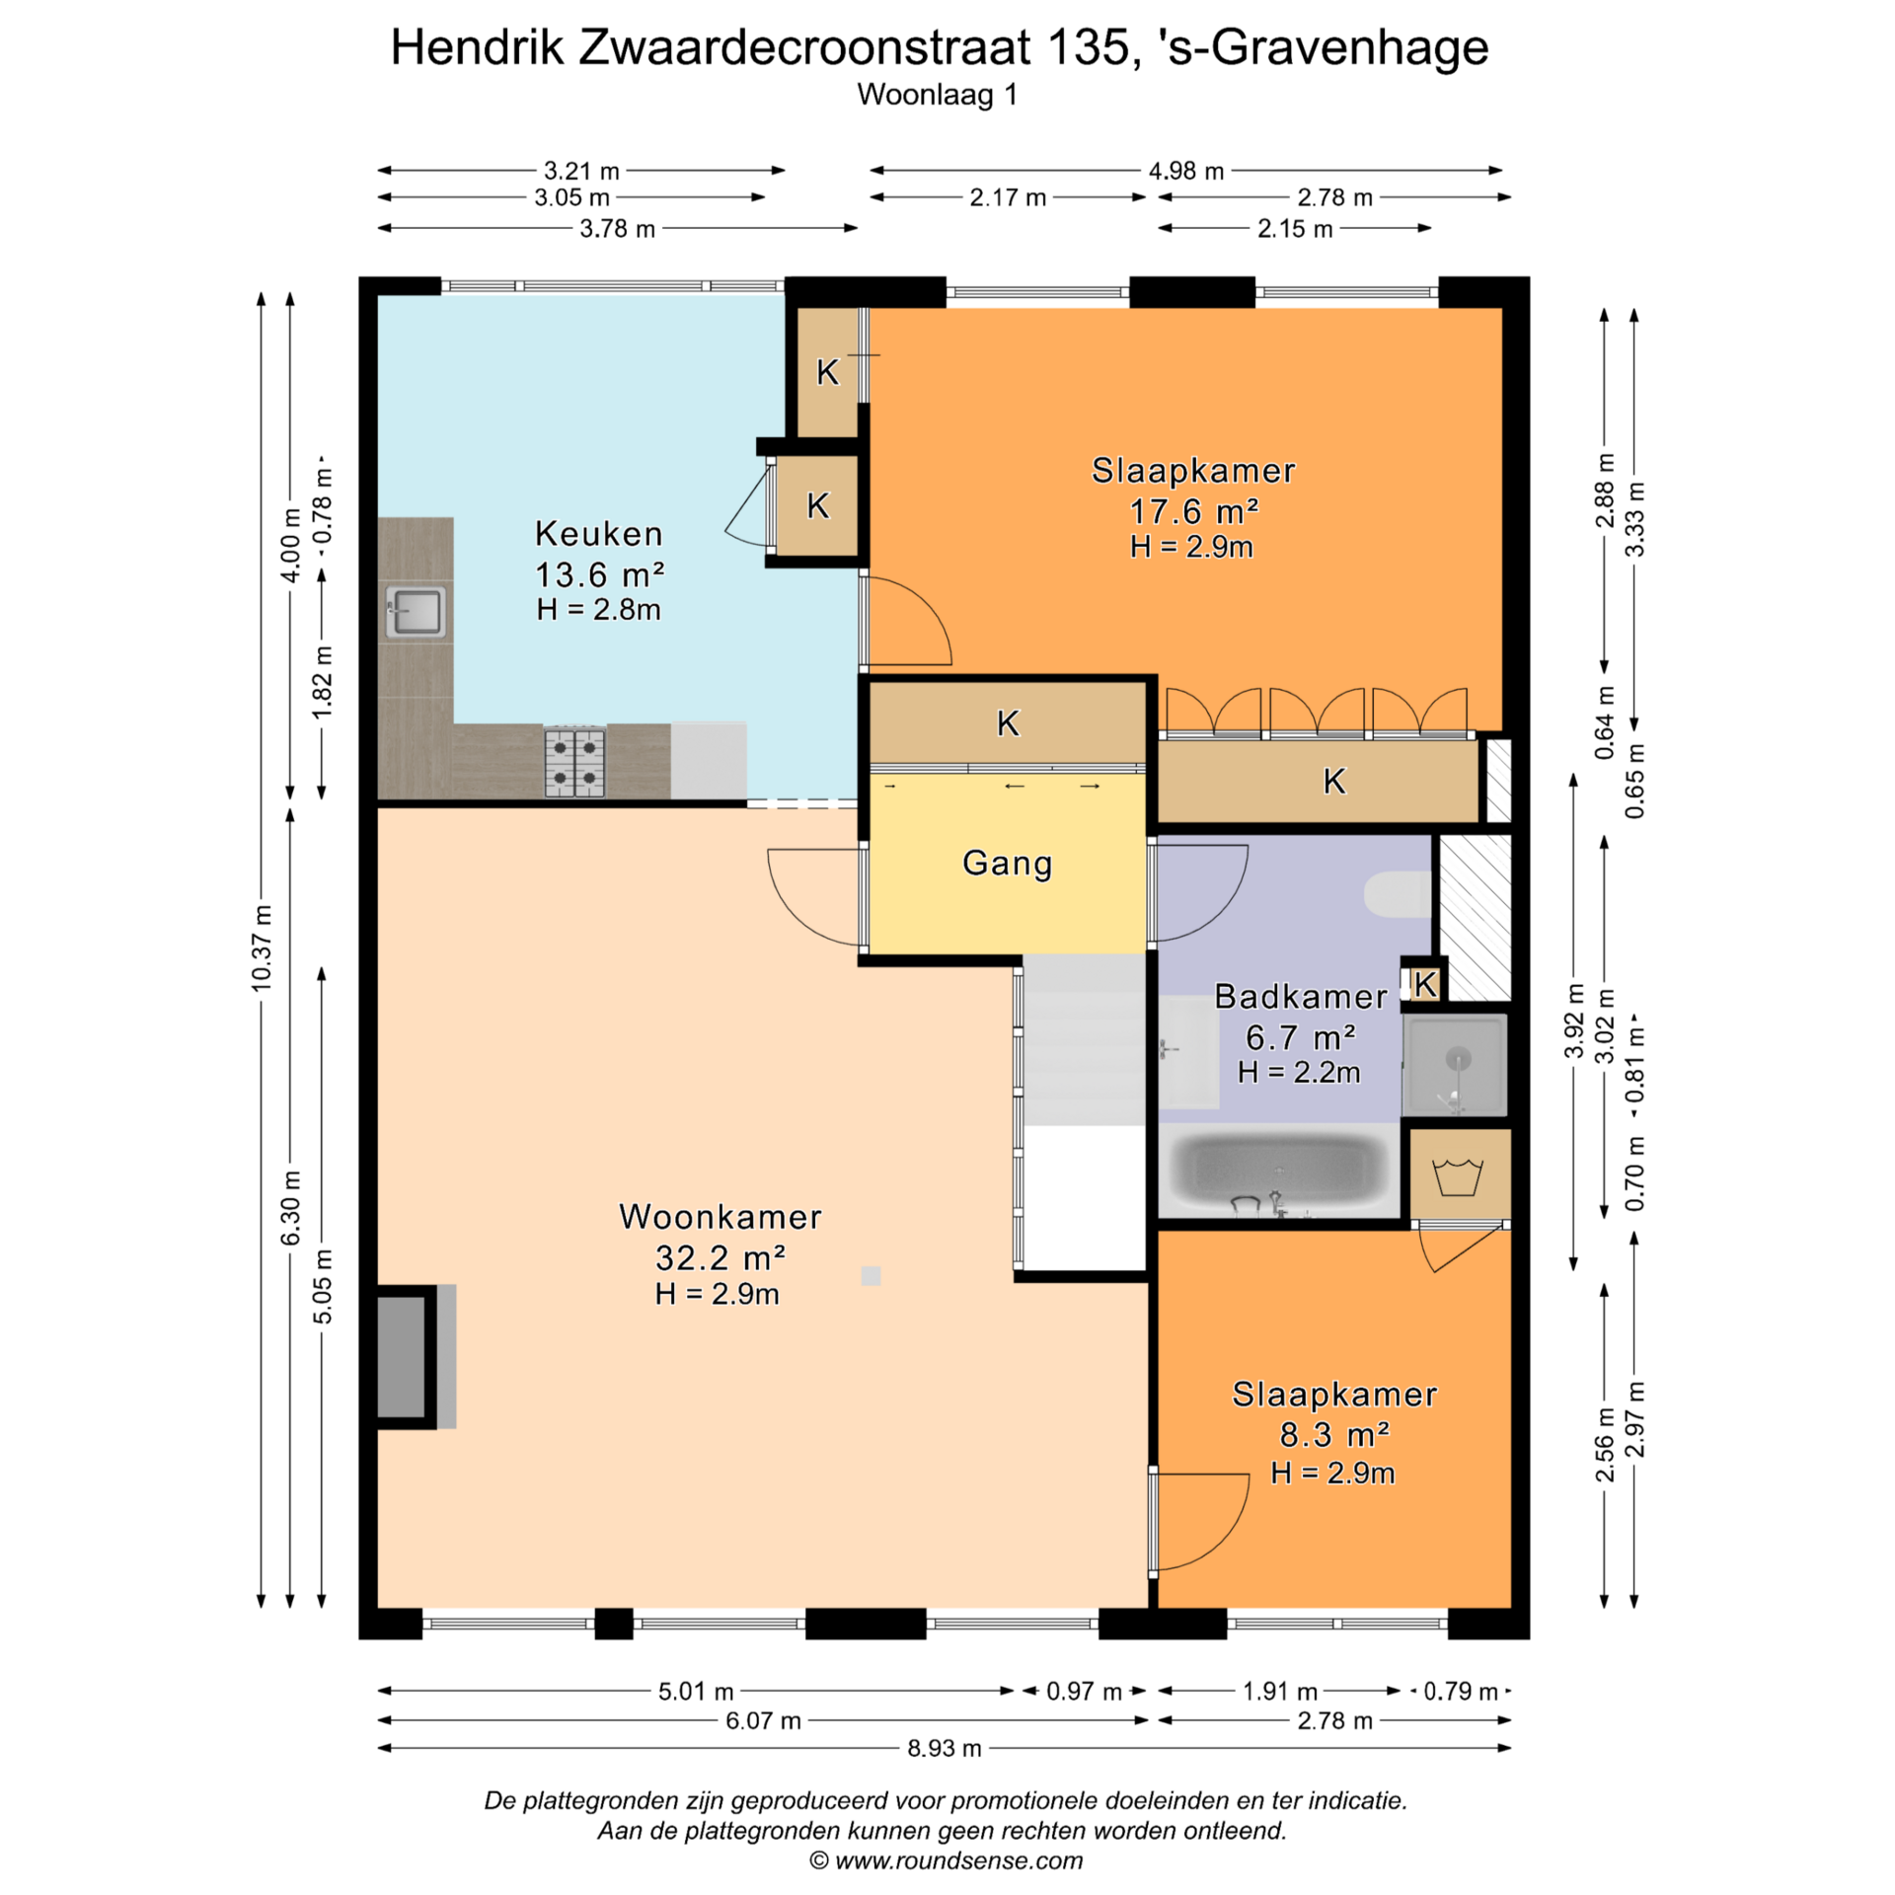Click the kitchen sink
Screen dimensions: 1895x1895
416,611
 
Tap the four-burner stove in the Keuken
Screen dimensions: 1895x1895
575,762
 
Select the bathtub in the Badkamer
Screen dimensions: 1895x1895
1279,1174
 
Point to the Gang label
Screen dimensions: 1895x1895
1007,864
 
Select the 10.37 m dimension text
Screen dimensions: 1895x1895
261,947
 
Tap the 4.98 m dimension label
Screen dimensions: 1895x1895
1185,171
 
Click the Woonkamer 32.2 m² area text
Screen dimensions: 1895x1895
720,1257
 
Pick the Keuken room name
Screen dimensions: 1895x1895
599,534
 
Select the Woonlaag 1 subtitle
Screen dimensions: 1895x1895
937,95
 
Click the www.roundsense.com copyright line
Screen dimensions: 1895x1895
946,1860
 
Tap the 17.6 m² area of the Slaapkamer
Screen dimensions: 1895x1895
1193,511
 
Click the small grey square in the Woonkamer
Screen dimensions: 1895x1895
871,1276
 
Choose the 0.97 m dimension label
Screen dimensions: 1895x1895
1084,1692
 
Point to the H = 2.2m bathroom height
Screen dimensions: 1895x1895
1299,1073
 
